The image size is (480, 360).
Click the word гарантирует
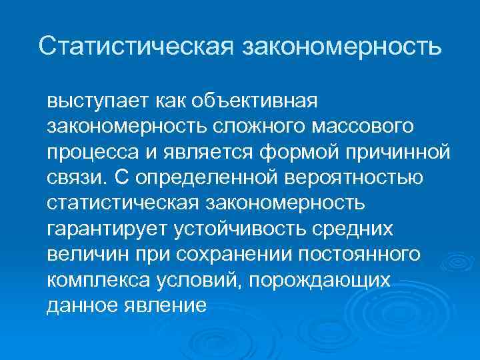108,229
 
